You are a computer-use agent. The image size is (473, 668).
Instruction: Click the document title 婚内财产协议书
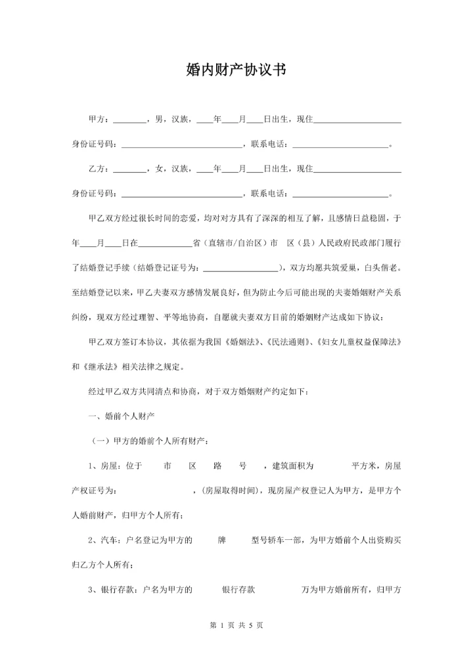tap(236, 72)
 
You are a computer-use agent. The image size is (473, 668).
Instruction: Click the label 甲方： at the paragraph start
tap(101, 120)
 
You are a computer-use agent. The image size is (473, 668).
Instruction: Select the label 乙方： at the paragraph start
tap(101, 169)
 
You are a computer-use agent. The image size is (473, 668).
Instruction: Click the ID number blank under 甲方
tap(182, 145)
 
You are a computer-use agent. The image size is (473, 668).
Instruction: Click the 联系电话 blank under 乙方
tap(340, 194)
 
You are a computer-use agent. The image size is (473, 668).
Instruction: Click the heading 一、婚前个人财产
tap(122, 416)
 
